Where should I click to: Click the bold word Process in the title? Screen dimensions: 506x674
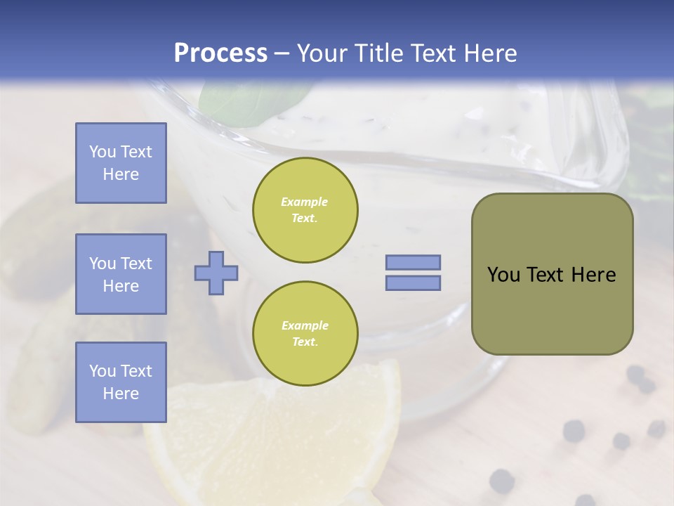(220, 53)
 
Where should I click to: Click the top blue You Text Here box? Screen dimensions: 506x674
(121, 163)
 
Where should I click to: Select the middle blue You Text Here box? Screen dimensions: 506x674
(121, 274)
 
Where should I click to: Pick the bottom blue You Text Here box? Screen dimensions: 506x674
(121, 382)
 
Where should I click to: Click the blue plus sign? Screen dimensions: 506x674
(216, 273)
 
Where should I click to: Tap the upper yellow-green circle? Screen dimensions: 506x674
(305, 210)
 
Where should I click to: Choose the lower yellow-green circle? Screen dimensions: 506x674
(305, 334)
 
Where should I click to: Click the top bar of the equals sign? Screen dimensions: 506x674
(413, 262)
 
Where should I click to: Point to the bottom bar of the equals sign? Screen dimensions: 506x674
(413, 283)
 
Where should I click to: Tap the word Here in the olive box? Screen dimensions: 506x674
(593, 275)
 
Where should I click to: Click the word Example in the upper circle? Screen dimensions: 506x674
(305, 202)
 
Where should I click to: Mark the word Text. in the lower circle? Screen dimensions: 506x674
(305, 342)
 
